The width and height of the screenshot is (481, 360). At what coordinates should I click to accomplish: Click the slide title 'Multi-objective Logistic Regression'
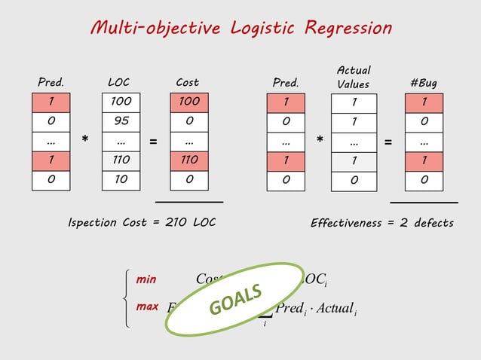click(240, 29)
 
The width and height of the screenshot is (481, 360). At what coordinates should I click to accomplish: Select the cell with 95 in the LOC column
click(119, 121)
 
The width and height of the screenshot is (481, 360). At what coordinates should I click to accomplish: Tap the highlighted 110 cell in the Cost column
click(189, 160)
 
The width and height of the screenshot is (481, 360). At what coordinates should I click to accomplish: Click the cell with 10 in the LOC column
click(119, 179)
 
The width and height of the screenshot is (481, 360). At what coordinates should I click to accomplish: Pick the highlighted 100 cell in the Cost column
click(189, 101)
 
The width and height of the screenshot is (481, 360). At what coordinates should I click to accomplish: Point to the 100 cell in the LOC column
click(119, 101)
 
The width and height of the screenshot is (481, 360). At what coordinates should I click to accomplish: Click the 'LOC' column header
click(119, 82)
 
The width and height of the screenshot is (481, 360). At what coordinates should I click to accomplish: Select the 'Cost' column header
click(188, 82)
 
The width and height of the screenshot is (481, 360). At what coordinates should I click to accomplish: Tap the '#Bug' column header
click(423, 82)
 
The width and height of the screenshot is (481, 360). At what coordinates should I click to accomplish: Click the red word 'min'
click(146, 279)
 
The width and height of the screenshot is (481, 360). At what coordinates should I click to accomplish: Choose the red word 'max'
click(147, 307)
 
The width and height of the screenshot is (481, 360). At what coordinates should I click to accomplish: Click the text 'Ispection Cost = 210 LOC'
click(142, 223)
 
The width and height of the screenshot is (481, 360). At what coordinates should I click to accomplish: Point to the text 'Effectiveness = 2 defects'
click(382, 223)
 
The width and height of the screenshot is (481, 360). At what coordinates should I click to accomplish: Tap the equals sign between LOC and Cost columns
click(154, 141)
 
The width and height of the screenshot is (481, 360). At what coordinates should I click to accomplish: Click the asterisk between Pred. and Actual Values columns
click(320, 141)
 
